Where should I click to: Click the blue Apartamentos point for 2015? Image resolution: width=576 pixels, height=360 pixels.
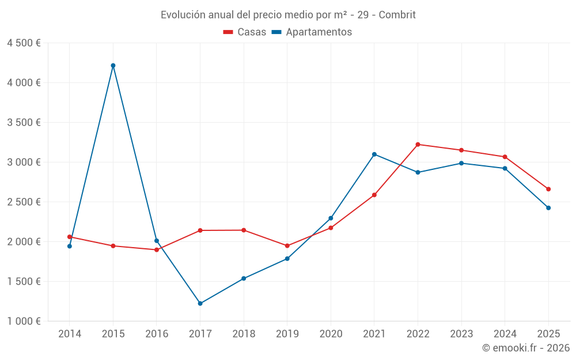tap(113, 66)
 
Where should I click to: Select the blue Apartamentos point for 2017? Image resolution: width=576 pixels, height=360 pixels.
tap(200, 304)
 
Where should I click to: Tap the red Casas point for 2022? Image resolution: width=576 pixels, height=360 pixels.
tap(418, 145)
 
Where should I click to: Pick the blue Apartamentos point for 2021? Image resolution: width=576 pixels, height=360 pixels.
tap(374, 154)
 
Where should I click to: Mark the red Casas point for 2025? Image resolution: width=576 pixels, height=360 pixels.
tap(548, 189)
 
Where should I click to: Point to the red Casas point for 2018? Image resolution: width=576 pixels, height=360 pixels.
tap(244, 230)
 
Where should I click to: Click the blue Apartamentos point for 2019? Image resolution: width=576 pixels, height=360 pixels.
tap(287, 259)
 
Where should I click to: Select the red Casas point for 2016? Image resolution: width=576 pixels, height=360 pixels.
tap(157, 250)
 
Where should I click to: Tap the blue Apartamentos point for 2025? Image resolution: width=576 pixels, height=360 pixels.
tap(548, 208)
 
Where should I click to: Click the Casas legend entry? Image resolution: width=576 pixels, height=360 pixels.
tap(245, 32)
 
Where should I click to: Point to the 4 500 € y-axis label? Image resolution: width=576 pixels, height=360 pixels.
tap(24, 43)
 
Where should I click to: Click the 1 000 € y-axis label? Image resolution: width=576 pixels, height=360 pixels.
tap(24, 321)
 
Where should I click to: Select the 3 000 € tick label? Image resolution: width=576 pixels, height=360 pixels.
tap(24, 162)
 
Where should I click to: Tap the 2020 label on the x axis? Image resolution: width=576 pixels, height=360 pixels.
tap(331, 334)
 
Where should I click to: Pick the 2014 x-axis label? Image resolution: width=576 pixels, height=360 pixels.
tap(70, 334)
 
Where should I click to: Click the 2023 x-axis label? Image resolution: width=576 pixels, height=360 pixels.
tap(461, 334)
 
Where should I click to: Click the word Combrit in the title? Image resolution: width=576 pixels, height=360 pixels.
tap(398, 15)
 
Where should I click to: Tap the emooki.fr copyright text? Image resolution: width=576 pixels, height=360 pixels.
tap(525, 348)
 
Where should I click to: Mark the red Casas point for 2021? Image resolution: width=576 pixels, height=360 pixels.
tap(374, 195)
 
